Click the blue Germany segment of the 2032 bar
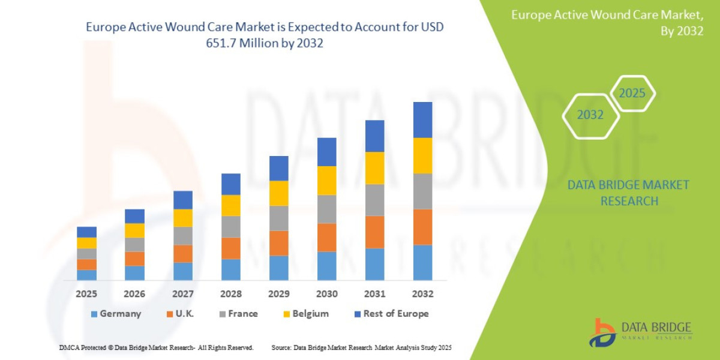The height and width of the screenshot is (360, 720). (422, 262)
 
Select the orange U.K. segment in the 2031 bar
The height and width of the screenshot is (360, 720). (374, 232)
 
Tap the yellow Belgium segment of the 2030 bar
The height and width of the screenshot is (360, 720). (326, 181)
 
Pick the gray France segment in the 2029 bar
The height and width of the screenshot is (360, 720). (278, 218)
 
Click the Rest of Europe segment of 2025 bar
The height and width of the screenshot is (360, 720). (86, 232)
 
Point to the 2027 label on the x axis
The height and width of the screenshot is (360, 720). (183, 294)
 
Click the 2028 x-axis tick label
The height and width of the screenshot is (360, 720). (231, 294)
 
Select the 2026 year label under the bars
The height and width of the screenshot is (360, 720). (134, 294)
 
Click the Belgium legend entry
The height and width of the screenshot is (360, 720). (305, 314)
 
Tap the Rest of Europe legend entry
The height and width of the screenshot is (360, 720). (391, 314)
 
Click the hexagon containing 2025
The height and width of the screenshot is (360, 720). (632, 94)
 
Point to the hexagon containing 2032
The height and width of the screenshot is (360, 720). (590, 115)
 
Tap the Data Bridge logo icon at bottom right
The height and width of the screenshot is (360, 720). (602, 332)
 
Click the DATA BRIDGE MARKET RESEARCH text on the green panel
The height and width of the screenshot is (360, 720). (628, 193)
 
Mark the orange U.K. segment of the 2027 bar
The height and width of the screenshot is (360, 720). (183, 253)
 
